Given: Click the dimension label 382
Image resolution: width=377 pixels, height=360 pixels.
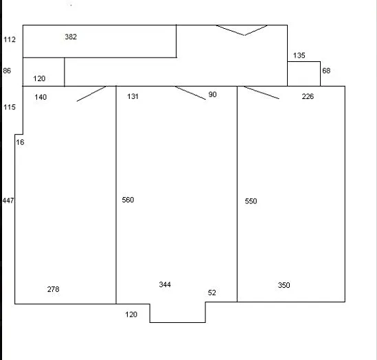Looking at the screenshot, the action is (71, 37).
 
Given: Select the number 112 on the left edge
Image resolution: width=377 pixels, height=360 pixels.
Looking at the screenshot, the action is (10, 39).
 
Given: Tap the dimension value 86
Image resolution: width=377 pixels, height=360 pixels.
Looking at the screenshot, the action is (7, 71).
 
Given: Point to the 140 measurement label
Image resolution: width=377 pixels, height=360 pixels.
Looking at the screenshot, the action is (41, 97).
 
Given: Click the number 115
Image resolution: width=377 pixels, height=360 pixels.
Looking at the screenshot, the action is (10, 107).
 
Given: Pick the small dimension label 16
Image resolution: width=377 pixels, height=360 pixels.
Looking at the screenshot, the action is (20, 142).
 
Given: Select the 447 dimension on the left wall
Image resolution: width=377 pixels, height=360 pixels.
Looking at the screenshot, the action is (8, 201).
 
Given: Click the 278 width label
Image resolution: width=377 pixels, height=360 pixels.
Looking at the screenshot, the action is (53, 289).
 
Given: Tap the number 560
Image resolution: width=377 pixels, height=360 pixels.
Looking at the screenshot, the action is (128, 200).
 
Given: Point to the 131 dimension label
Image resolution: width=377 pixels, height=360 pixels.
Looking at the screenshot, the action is (133, 96).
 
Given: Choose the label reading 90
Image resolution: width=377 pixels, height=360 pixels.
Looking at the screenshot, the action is (213, 95).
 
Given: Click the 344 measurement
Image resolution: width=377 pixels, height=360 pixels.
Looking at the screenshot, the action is (165, 284).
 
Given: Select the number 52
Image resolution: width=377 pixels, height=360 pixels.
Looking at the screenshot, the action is (212, 293).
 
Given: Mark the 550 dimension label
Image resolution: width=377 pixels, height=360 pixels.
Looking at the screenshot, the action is (251, 201).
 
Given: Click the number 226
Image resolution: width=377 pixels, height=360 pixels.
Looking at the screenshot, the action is (308, 96).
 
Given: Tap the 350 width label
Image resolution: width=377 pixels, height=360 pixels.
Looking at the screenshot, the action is (284, 285).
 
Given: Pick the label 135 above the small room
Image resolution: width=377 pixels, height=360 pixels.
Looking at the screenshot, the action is (299, 56).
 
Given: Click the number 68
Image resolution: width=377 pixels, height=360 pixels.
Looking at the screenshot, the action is (326, 71).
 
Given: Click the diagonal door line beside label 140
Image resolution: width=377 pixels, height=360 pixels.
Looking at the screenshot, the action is (91, 94).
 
